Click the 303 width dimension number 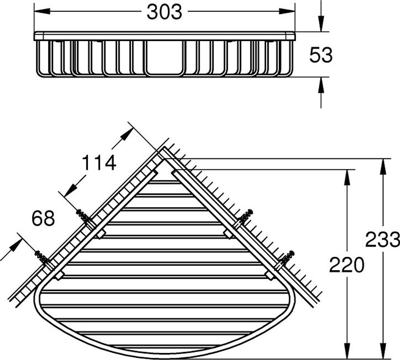click(x=164, y=12)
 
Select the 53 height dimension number click(x=321, y=55)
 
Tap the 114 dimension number click(x=99, y=163)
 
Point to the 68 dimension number click(x=43, y=218)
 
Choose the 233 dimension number click(x=382, y=240)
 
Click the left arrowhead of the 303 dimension click(x=42, y=11)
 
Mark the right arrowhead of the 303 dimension click(x=287, y=11)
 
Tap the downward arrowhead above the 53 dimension click(x=321, y=24)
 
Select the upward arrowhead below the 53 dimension click(x=321, y=85)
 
